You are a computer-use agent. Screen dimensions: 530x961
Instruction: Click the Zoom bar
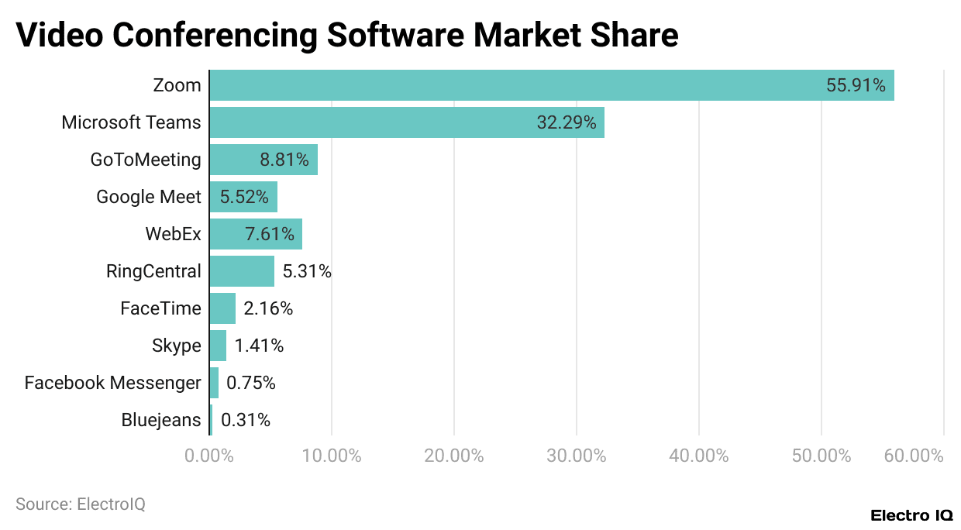(x=511, y=85)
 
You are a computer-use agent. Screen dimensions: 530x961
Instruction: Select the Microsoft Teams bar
(x=372, y=122)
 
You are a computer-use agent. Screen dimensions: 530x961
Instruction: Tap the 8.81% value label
(x=284, y=160)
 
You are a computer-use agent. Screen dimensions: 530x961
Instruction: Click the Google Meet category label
(x=149, y=197)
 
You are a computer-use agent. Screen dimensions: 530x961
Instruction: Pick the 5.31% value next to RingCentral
(x=307, y=271)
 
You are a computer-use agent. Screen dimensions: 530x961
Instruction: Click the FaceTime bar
(x=222, y=308)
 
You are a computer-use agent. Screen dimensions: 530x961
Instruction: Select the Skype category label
(x=177, y=346)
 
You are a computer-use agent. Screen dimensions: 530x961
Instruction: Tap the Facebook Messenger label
(x=113, y=383)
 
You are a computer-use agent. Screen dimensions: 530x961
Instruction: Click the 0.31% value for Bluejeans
(x=246, y=420)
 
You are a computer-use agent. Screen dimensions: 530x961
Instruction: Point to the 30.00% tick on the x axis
(x=577, y=456)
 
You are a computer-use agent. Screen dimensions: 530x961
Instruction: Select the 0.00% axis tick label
(x=209, y=456)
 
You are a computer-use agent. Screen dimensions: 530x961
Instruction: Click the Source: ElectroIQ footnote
(x=81, y=504)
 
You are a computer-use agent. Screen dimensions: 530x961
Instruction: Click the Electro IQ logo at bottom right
(x=911, y=515)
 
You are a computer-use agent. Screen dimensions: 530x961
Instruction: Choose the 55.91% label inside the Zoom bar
(x=856, y=85)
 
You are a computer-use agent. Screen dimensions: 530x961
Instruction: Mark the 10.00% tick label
(x=332, y=456)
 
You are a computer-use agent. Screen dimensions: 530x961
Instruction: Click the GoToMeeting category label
(x=146, y=160)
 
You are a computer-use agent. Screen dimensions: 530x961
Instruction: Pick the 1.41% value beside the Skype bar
(x=260, y=346)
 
